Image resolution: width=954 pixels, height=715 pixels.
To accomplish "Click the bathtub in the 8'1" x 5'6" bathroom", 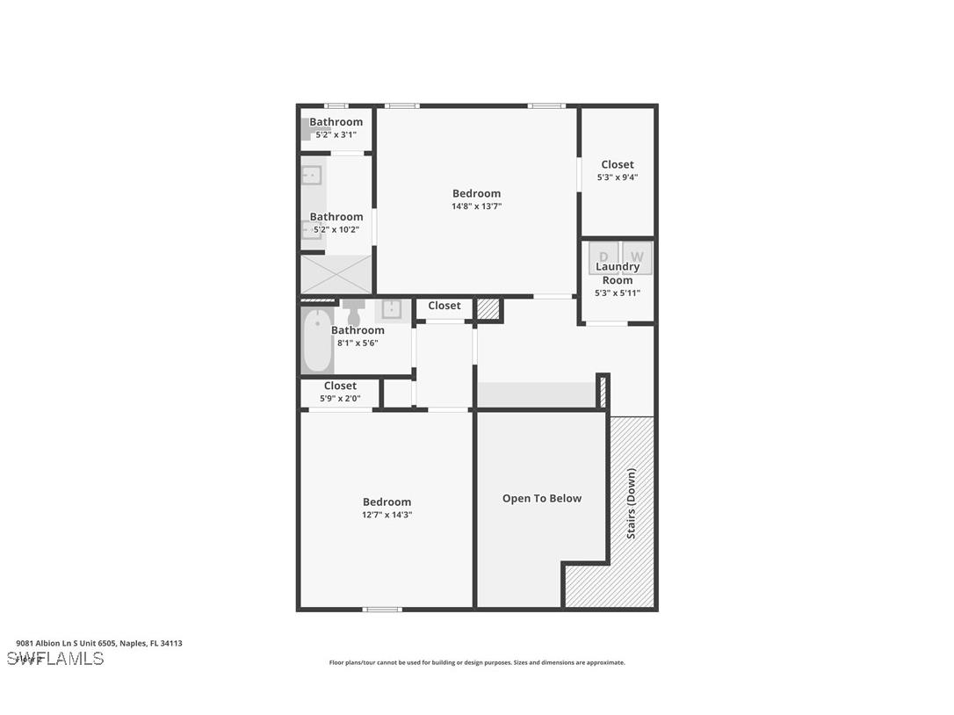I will pyautogui.click(x=317, y=341).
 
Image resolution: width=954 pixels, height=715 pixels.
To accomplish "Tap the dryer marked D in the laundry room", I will pyautogui.click(x=603, y=256).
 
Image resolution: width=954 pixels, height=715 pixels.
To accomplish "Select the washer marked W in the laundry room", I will pyautogui.click(x=637, y=256).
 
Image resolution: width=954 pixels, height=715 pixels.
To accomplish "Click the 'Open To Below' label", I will pyautogui.click(x=541, y=498).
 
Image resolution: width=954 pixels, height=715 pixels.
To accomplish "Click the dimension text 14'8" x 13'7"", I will pyautogui.click(x=476, y=206).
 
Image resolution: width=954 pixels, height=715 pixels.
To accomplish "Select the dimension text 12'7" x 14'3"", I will pyautogui.click(x=387, y=515).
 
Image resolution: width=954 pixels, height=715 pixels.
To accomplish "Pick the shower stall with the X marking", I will pyautogui.click(x=336, y=274).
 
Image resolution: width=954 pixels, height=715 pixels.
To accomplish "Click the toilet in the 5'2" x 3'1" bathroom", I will pyautogui.click(x=310, y=130).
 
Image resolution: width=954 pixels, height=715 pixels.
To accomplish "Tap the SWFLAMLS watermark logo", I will pyautogui.click(x=55, y=659).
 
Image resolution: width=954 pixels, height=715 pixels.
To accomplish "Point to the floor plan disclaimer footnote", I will pyautogui.click(x=477, y=663).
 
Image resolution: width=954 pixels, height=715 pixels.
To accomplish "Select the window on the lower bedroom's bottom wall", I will pyautogui.click(x=382, y=609).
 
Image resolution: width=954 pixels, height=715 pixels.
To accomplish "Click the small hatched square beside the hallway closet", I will pyautogui.click(x=488, y=309).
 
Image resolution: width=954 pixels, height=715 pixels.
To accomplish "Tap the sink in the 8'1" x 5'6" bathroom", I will pyautogui.click(x=391, y=309).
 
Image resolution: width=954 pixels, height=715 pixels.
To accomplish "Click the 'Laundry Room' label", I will pyautogui.click(x=618, y=273).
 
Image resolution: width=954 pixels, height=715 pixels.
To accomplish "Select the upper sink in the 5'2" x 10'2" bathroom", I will pyautogui.click(x=311, y=175).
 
